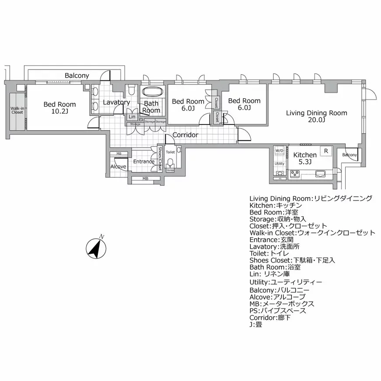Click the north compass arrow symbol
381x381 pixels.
pos(96,249)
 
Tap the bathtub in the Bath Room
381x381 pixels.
pos(152,93)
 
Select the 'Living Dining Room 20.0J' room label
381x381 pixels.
pos(316,116)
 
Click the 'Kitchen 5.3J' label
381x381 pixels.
pos(305,158)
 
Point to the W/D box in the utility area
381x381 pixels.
pos(279,151)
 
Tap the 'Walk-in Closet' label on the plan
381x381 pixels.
pos(17,109)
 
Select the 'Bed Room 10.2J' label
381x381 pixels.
pos(59,107)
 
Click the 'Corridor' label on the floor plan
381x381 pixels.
pos(185,135)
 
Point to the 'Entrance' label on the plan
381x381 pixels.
pos(144,162)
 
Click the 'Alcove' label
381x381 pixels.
pos(118,167)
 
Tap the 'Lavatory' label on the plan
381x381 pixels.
pos(116,102)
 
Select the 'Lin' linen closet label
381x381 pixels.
pos(132,117)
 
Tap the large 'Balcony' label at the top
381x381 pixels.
pos(77,76)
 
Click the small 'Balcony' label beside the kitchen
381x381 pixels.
pos(349,155)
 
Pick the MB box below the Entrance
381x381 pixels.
pos(145,179)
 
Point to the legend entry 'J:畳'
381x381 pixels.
pos(256,325)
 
